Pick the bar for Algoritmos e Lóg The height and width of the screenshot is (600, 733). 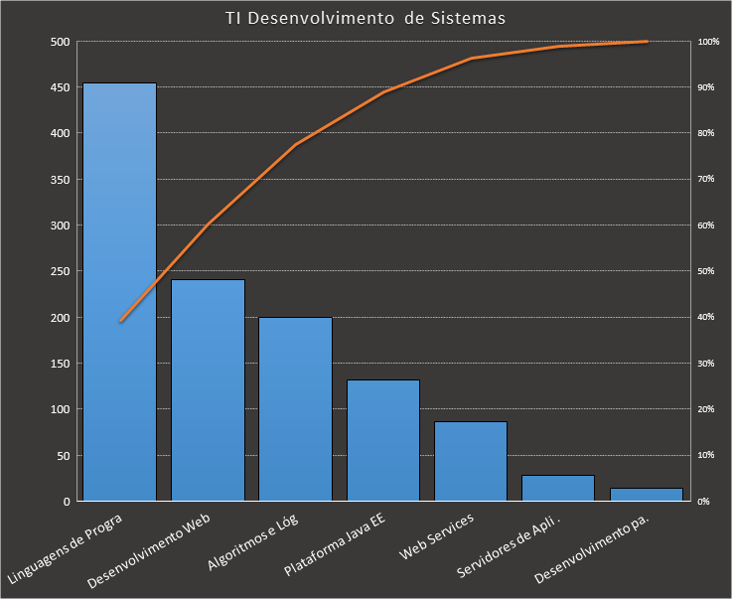295,409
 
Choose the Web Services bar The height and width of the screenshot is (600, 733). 470,461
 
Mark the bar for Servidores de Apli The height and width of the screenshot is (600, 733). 557,488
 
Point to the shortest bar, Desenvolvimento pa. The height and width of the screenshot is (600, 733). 646,494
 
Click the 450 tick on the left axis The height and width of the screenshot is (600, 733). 60,87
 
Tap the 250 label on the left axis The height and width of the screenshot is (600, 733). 60,271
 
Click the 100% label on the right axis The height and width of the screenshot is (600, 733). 708,42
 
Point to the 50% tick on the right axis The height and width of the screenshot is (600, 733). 706,271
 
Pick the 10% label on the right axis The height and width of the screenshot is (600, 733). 706,455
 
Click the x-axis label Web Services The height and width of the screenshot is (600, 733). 437,536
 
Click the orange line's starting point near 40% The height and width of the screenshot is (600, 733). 120,321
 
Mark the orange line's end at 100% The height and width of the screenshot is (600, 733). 646,42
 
